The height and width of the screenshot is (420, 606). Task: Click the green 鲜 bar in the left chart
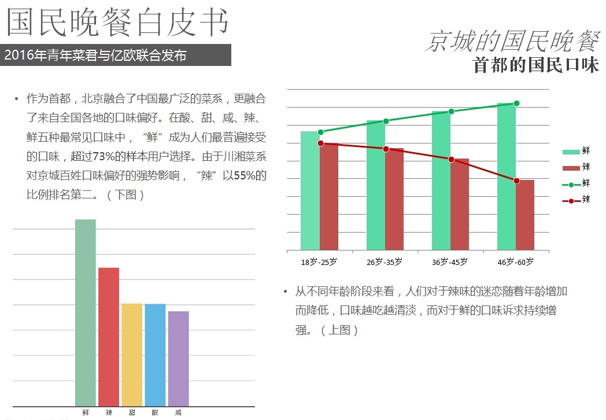coord(86,312)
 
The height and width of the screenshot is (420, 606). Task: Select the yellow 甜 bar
coord(132,354)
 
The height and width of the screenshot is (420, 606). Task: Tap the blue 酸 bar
coord(155,354)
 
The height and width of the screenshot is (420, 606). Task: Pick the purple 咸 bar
coord(178,358)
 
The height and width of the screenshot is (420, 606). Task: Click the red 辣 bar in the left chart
coord(109,336)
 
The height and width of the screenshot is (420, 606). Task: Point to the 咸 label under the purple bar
coord(178,413)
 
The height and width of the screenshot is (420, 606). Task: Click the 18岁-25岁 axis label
coord(319,262)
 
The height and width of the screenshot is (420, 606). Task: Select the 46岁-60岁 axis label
coord(516,262)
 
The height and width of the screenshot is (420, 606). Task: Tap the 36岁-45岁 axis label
coord(450,262)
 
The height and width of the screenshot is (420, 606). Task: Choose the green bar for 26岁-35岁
coord(376,185)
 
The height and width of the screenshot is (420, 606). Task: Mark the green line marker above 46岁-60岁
coord(516,104)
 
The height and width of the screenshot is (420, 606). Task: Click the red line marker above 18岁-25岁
coord(320,143)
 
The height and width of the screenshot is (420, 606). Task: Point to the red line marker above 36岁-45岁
coord(451,159)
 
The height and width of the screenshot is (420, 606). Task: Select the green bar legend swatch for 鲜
coord(571,152)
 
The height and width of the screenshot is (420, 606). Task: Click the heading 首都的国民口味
coord(535,65)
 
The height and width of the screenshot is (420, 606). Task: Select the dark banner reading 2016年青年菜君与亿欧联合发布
coord(116,56)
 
